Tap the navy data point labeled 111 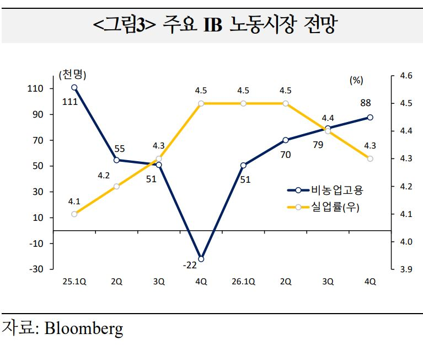pos(74,87)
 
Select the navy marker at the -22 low pos(201,259)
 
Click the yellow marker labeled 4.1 pos(74,214)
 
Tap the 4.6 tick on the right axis pos(406,76)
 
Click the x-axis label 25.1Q pos(74,282)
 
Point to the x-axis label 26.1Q pos(244,282)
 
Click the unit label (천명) pos(73,75)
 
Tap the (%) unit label pos(356,80)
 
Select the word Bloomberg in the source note pos(84,329)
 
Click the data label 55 pos(119,148)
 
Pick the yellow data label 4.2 pos(103,176)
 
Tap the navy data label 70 pos(285,155)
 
